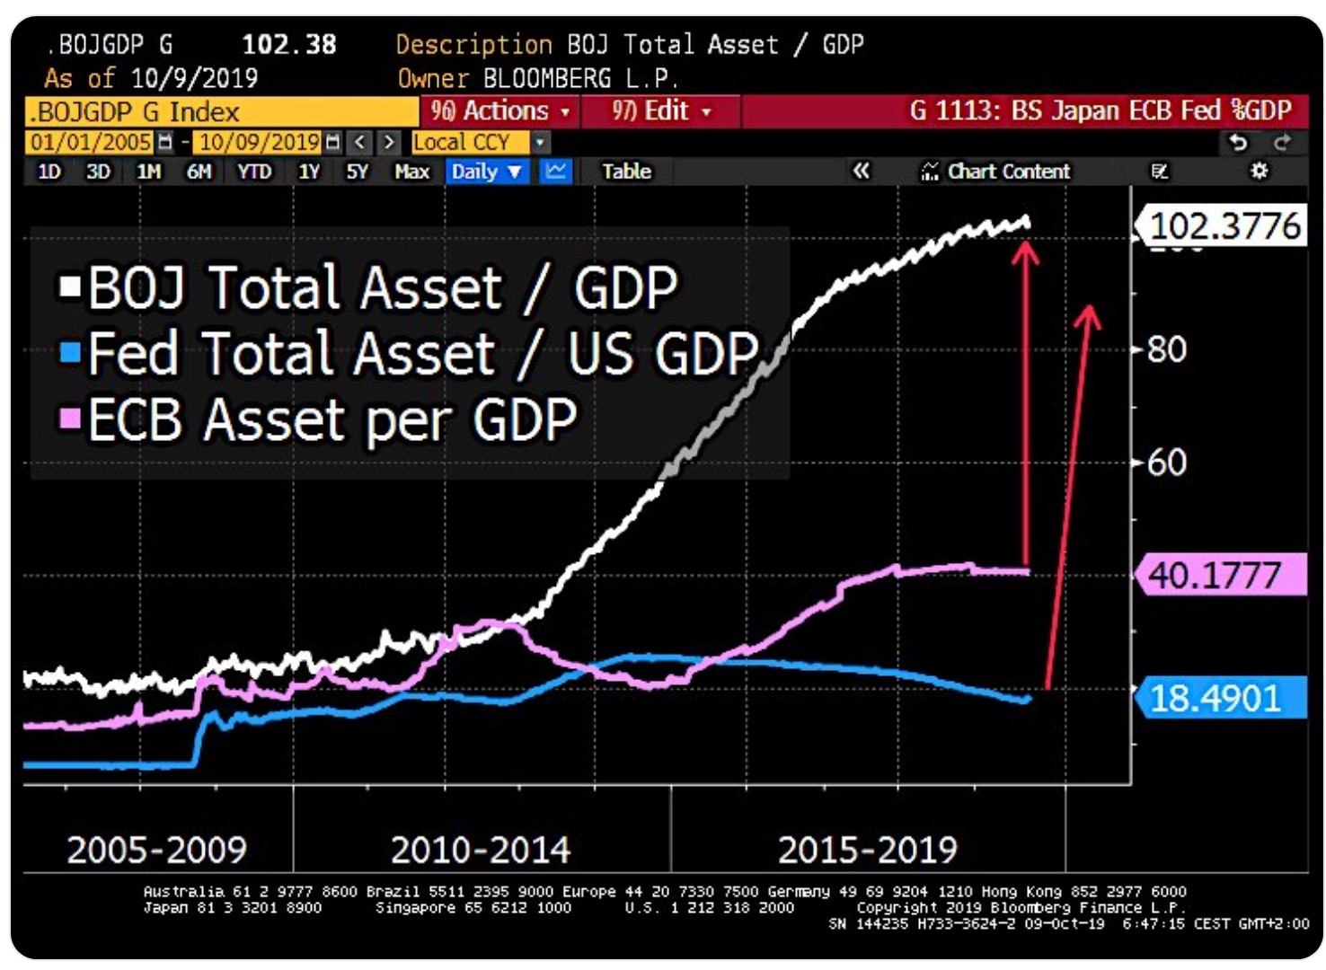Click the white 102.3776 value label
(1224, 226)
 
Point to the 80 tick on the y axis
(1166, 349)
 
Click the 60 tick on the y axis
(1166, 463)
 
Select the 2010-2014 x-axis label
(481, 850)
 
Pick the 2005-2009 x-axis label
(157, 850)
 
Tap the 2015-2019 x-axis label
(868, 850)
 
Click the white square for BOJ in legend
(70, 287)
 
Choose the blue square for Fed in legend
(70, 352)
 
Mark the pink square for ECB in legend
(70, 418)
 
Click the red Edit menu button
(661, 111)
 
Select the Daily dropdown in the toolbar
(486, 172)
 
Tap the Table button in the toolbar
(626, 172)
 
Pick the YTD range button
(254, 172)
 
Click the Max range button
(411, 172)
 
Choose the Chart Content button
(996, 172)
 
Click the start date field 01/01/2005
(90, 142)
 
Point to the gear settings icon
(1260, 171)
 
